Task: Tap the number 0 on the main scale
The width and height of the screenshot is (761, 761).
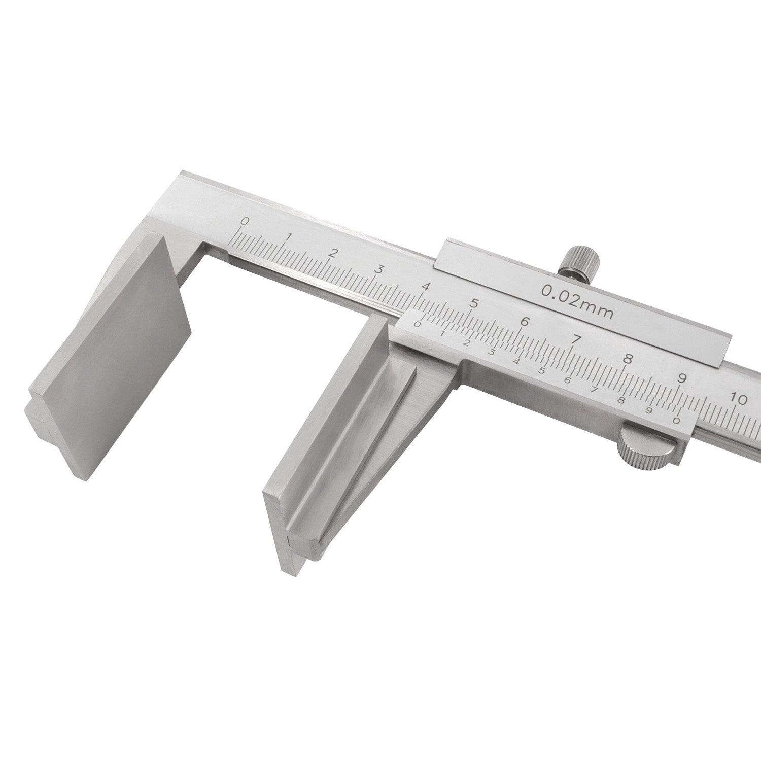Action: click(x=245, y=221)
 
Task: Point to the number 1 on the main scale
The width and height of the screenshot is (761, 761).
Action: click(x=289, y=236)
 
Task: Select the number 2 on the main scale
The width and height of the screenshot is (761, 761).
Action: click(x=333, y=253)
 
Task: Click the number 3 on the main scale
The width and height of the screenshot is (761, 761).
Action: click(x=378, y=269)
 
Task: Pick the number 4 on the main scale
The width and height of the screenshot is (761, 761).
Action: click(x=425, y=287)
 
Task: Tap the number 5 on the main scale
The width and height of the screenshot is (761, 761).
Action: click(x=474, y=304)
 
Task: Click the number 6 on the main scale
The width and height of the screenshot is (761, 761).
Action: click(x=525, y=322)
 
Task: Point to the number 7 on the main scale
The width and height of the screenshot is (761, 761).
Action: click(x=576, y=339)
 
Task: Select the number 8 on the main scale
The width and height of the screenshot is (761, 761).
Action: click(x=628, y=358)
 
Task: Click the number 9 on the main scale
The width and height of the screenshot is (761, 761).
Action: click(x=682, y=378)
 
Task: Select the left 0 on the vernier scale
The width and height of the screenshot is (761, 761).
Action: click(x=418, y=324)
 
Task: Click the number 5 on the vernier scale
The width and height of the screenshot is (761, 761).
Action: click(x=541, y=370)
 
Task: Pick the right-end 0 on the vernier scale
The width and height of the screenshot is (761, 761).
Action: click(x=675, y=420)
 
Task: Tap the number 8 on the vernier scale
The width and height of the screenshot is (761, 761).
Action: click(x=620, y=399)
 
